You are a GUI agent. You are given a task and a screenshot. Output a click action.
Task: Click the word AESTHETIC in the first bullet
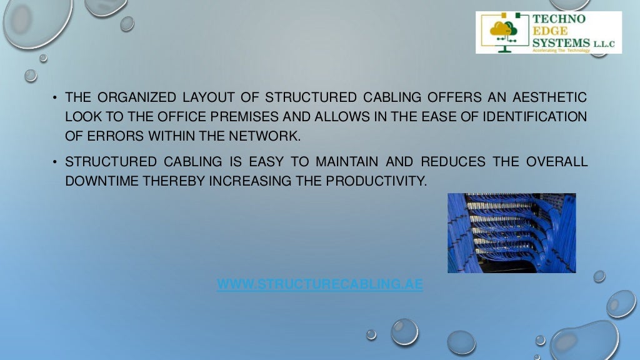coord(549,97)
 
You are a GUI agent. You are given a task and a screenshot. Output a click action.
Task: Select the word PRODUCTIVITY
coord(377,181)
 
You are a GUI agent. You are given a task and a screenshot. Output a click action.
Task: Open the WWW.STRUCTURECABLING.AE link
coord(319,285)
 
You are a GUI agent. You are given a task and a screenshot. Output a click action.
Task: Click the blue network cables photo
coord(511,232)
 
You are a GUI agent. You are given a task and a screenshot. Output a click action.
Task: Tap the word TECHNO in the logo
coord(559,19)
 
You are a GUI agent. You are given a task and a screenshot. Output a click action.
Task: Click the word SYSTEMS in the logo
coord(561,42)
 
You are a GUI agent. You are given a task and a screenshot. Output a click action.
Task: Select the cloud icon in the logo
coord(500,29)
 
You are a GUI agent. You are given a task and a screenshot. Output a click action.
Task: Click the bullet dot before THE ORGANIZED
coord(55,98)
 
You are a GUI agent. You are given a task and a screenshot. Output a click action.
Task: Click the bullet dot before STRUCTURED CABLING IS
coord(55,162)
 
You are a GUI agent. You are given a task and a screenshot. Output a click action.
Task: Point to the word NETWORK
coord(268,136)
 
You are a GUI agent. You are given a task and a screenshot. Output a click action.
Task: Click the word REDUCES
coord(452,162)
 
